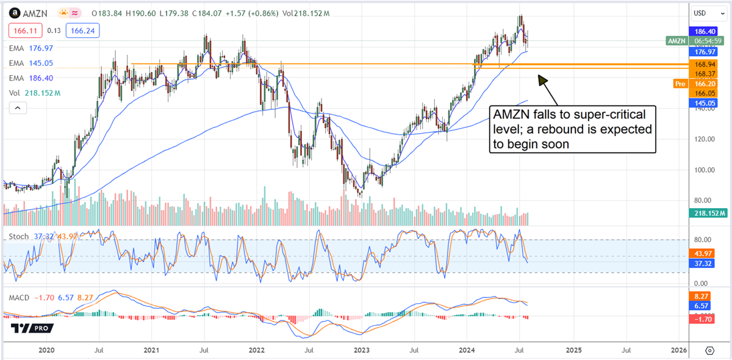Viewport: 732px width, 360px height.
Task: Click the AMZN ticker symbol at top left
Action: [x=30, y=13]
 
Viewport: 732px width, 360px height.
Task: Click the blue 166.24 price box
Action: [x=84, y=30]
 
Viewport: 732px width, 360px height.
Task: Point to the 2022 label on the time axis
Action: [x=256, y=350]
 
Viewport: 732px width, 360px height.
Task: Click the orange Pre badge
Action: [x=680, y=84]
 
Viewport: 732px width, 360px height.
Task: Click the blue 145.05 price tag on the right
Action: [x=705, y=104]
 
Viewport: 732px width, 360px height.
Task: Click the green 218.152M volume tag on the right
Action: [x=708, y=213]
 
